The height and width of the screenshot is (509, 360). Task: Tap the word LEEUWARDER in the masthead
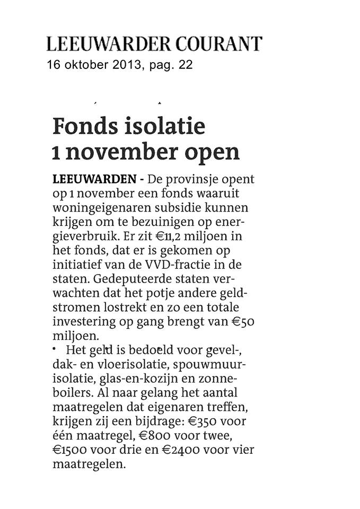pyautogui.click(x=105, y=43)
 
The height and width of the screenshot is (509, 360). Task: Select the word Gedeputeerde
pyautogui.click(x=131, y=278)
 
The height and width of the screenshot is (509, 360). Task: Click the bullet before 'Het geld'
pyautogui.click(x=55, y=347)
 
